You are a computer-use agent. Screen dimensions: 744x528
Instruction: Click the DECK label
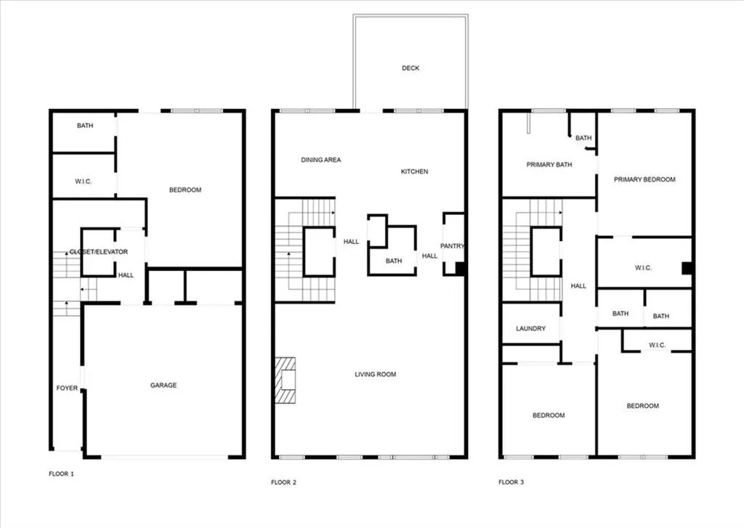click(411, 68)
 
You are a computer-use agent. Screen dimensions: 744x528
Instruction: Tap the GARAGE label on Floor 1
click(163, 385)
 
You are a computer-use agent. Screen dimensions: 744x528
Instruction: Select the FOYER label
click(67, 388)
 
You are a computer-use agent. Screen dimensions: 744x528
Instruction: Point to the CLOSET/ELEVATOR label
click(99, 252)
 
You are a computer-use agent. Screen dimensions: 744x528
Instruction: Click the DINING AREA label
click(320, 160)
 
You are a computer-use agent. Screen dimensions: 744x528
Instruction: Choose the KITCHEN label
click(415, 171)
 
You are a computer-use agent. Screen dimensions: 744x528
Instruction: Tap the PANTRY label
click(452, 245)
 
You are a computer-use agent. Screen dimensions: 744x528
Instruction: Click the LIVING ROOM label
click(376, 374)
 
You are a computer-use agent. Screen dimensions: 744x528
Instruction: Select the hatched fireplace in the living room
click(286, 381)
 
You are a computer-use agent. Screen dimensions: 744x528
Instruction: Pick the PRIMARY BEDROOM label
click(644, 179)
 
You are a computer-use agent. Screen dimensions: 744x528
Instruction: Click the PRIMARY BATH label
click(549, 165)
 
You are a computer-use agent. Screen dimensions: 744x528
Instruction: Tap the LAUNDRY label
click(530, 328)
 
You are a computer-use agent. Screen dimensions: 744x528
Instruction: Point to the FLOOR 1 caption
click(61, 474)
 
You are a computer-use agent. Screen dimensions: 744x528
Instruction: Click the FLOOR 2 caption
click(284, 482)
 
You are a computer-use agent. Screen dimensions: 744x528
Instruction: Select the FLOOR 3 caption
click(511, 482)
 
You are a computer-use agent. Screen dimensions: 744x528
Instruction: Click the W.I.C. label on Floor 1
click(83, 182)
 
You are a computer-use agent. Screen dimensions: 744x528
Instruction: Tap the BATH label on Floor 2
click(393, 261)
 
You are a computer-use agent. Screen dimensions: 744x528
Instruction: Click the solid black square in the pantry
click(460, 269)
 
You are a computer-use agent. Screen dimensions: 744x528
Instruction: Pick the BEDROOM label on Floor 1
click(185, 190)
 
